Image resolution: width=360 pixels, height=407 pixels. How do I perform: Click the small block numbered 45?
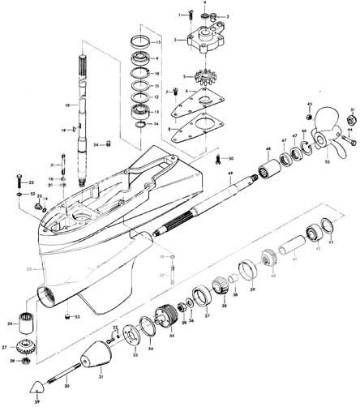tap(309, 114)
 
